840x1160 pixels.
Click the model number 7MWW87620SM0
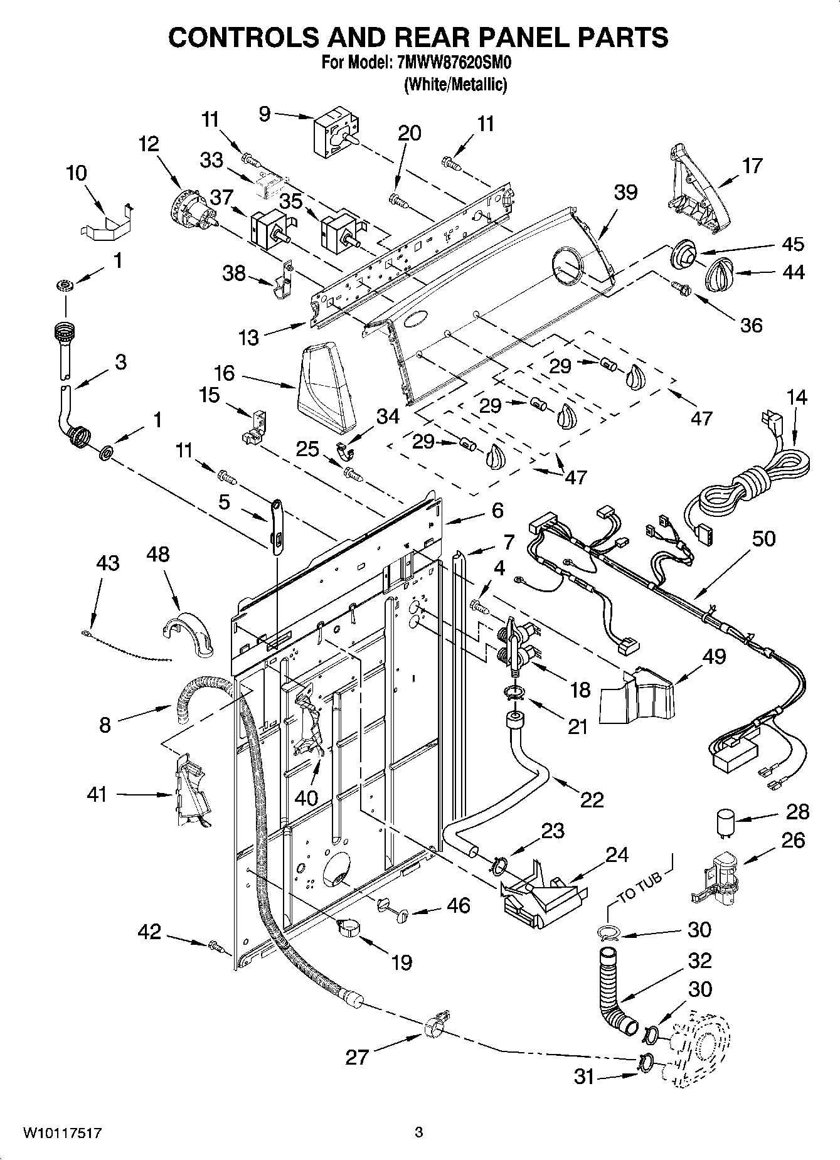click(450, 64)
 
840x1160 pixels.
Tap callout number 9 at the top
click(264, 114)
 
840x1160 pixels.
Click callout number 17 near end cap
click(752, 166)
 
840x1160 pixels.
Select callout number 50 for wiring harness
click(763, 538)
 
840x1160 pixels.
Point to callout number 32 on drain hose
click(700, 960)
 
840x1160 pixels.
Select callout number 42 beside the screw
click(150, 932)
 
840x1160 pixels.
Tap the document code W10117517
click(62, 1132)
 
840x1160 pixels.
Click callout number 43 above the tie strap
click(107, 563)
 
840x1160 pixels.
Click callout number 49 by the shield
click(714, 656)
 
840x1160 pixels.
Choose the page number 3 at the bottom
click(418, 1132)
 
